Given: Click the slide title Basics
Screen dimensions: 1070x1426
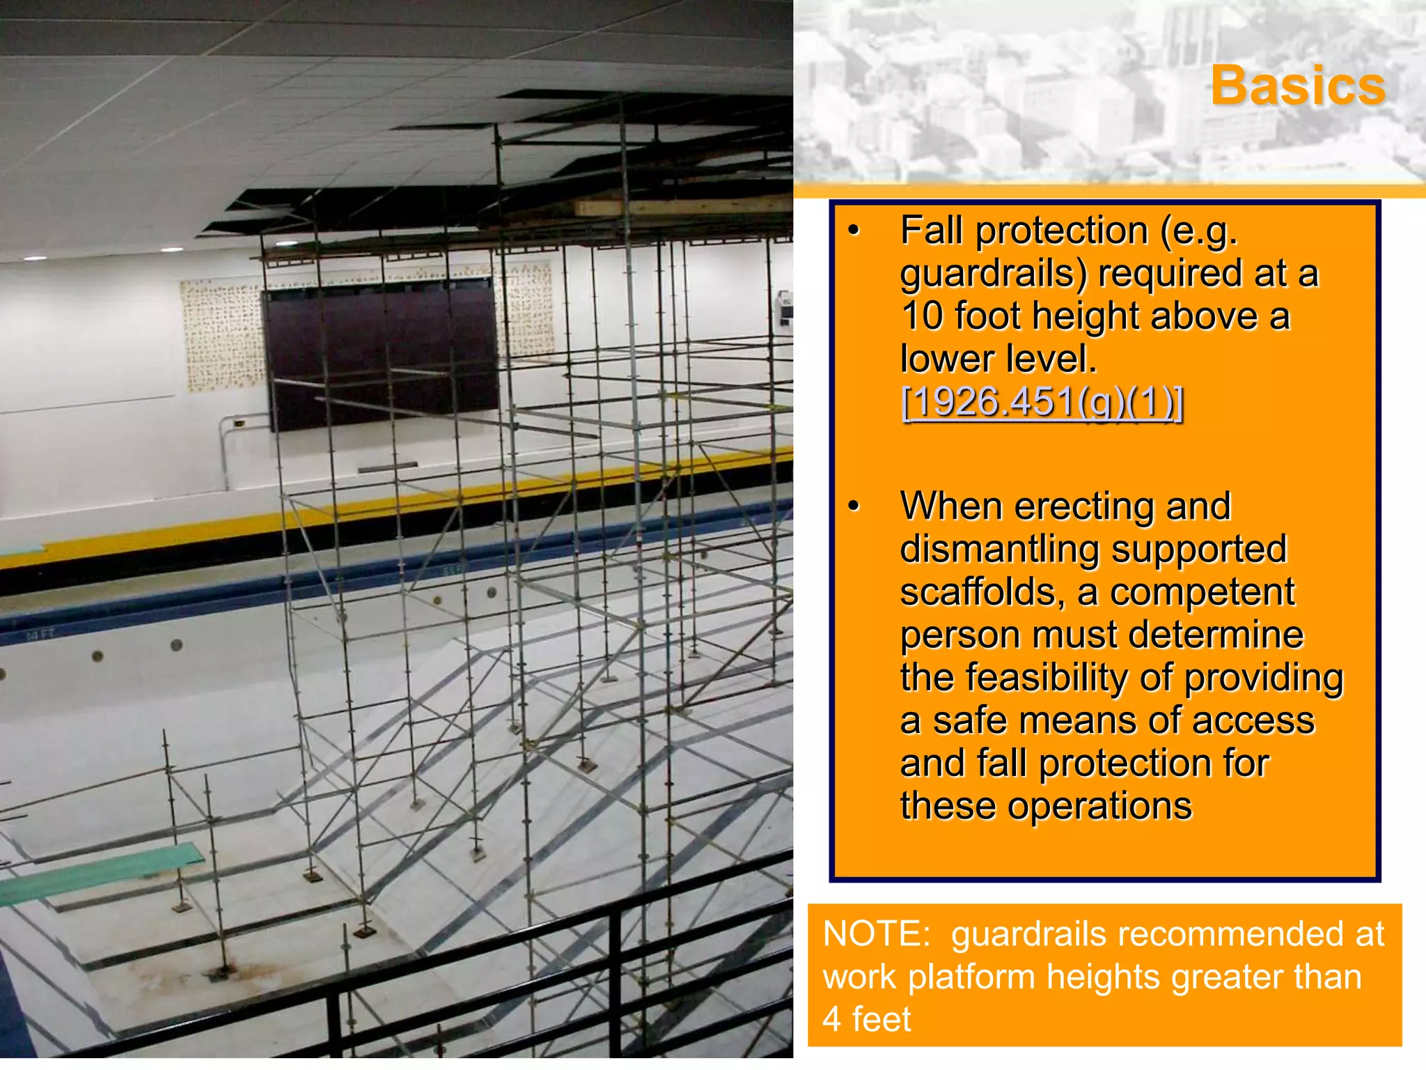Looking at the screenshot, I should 1298,86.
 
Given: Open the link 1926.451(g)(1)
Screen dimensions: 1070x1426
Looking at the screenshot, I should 1042,402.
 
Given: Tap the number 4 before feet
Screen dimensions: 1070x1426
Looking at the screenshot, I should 832,1019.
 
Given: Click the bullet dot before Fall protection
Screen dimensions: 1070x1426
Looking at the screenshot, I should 854,231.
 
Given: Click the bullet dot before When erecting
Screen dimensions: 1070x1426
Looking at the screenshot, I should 854,506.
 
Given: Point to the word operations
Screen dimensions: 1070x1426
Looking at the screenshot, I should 1099,807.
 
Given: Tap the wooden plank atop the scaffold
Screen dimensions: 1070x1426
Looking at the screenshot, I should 682,207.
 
